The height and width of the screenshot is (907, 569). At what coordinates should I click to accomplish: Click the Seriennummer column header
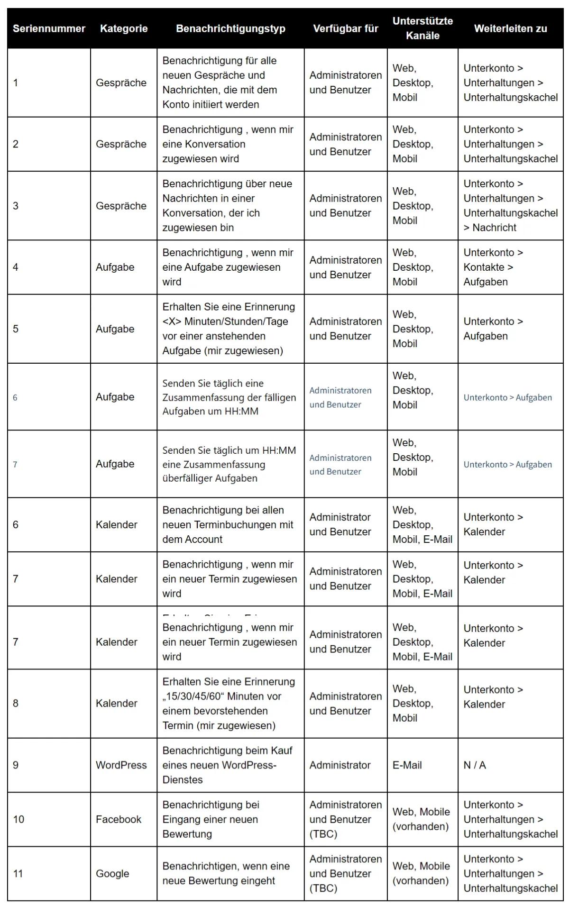tap(49, 28)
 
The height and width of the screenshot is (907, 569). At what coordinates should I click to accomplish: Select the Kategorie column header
tap(124, 28)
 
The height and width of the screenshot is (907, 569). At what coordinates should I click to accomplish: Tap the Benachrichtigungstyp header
tap(230, 28)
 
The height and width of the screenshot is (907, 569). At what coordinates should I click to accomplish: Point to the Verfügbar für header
tap(346, 28)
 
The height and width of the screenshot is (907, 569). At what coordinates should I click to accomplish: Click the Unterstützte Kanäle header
tap(422, 28)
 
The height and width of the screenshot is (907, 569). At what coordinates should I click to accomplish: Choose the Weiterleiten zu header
tap(510, 28)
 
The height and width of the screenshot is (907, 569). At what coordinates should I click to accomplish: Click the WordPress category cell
tap(121, 765)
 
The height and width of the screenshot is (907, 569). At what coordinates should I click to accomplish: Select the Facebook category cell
tap(119, 819)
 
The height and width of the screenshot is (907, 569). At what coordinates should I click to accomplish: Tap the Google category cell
tap(112, 873)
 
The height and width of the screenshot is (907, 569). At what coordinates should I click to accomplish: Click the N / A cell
tap(475, 765)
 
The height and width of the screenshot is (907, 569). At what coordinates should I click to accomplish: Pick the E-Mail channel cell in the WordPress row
tap(407, 765)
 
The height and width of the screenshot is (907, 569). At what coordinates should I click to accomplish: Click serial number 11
tap(18, 873)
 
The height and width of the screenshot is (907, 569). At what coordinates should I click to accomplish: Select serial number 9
tap(16, 765)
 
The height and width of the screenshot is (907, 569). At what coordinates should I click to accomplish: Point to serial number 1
tap(16, 83)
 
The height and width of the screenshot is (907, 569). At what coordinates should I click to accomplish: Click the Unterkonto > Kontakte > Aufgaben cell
tap(493, 267)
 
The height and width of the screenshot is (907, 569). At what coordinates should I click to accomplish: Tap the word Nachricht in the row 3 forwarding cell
tap(495, 228)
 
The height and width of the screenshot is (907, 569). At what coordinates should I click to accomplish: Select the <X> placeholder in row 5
tap(172, 321)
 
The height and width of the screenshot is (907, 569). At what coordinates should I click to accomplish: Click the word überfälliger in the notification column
tap(185, 478)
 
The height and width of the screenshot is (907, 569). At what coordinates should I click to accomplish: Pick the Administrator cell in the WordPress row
tap(340, 765)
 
